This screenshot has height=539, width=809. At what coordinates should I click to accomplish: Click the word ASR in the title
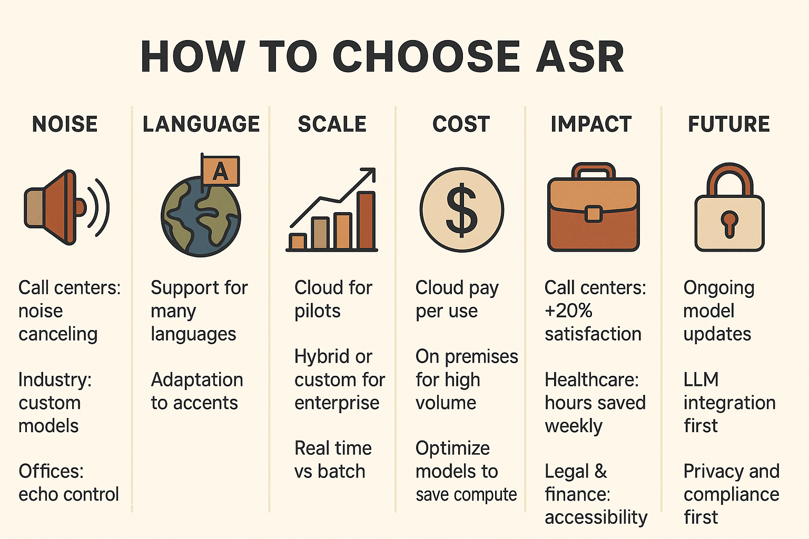(x=580, y=57)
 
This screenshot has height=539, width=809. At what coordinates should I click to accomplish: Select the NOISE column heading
(x=65, y=124)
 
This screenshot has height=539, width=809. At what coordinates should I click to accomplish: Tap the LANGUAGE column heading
(x=201, y=124)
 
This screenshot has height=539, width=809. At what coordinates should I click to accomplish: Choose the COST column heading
(x=461, y=124)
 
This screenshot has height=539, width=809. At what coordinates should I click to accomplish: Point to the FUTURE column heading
(x=729, y=124)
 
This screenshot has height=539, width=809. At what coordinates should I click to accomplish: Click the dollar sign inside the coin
(x=461, y=209)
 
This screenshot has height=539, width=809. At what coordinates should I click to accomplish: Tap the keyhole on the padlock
(x=729, y=224)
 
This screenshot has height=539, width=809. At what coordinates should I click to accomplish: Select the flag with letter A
(x=220, y=171)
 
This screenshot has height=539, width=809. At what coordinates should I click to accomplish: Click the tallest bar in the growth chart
(x=366, y=220)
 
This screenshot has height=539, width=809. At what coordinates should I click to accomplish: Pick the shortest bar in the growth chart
(x=298, y=242)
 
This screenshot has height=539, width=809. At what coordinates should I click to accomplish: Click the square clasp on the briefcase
(x=593, y=213)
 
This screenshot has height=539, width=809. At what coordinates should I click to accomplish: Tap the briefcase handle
(x=593, y=171)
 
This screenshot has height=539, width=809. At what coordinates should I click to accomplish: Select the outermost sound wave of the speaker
(x=103, y=207)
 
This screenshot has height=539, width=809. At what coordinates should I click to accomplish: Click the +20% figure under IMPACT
(x=568, y=311)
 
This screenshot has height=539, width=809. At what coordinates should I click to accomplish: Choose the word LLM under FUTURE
(x=701, y=380)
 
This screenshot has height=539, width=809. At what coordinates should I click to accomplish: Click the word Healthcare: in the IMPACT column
(x=591, y=380)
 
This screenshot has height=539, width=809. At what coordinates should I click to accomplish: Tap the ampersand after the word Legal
(x=600, y=471)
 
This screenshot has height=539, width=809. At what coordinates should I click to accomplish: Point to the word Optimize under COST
(x=452, y=449)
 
